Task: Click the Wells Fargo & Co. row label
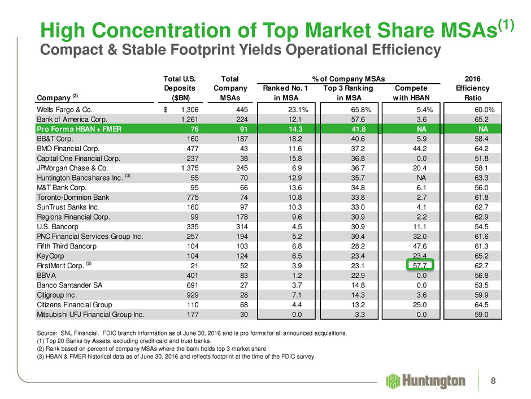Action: (x=58, y=109)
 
